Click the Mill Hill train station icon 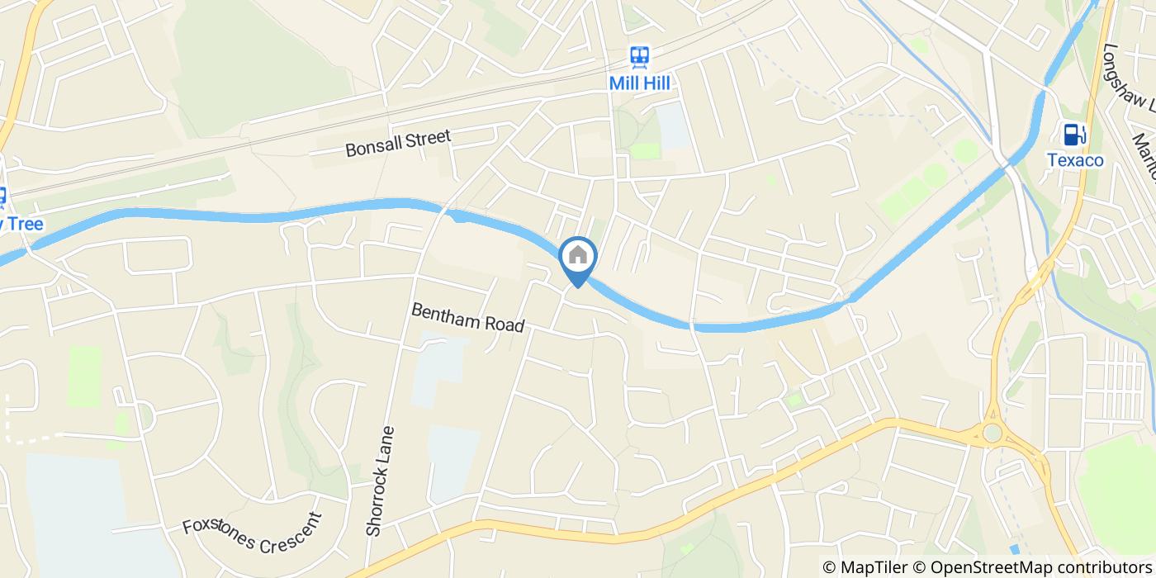(639, 57)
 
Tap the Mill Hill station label (639, 83)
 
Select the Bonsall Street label (398, 143)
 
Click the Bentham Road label (467, 318)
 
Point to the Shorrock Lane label (381, 481)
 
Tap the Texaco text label (1075, 160)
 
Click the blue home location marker (578, 257)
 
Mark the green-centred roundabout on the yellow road (992, 433)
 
